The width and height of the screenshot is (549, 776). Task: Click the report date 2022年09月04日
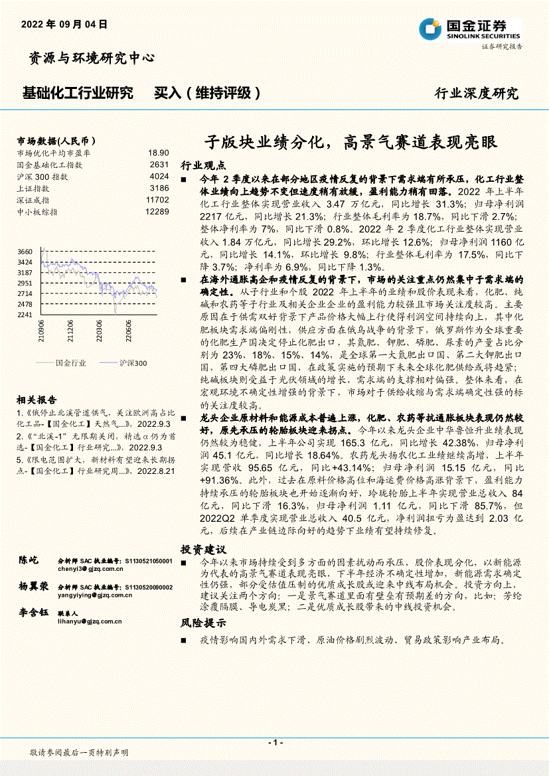(x=64, y=24)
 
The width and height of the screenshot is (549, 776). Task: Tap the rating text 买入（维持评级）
(x=207, y=93)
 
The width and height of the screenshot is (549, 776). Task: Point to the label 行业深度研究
(x=477, y=94)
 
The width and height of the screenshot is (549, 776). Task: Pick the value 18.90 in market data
(x=159, y=153)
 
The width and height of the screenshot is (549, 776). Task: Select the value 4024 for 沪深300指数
(x=159, y=177)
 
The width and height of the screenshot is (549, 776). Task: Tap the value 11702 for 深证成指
(x=157, y=200)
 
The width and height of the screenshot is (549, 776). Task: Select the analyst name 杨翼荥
(x=34, y=587)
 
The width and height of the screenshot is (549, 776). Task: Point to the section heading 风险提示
(x=203, y=623)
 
